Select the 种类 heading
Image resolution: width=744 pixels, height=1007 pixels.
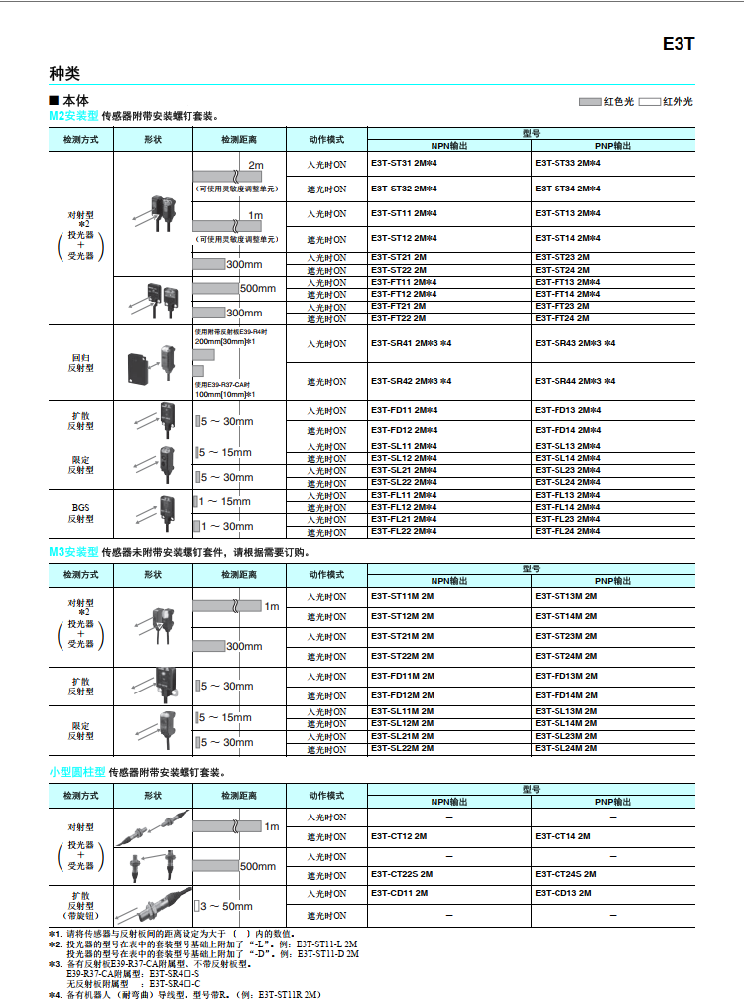(x=64, y=73)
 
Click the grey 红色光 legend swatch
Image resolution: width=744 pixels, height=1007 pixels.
(x=591, y=102)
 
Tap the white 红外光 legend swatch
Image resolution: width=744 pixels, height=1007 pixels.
(x=650, y=102)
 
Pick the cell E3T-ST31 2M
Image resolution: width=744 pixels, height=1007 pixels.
(x=404, y=164)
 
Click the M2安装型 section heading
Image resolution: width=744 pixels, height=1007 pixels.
(x=74, y=116)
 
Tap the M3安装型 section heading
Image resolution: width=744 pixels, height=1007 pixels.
(x=74, y=552)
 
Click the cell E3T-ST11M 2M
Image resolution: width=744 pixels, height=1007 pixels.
(x=403, y=596)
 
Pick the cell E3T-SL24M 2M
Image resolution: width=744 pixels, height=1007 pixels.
(x=566, y=748)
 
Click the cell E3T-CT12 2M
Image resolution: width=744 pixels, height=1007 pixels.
(x=399, y=836)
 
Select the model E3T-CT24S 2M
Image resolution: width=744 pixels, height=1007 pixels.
(x=565, y=874)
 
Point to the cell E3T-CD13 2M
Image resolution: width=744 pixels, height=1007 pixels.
(x=562, y=893)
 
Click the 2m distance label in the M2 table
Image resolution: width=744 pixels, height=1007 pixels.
(x=255, y=164)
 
